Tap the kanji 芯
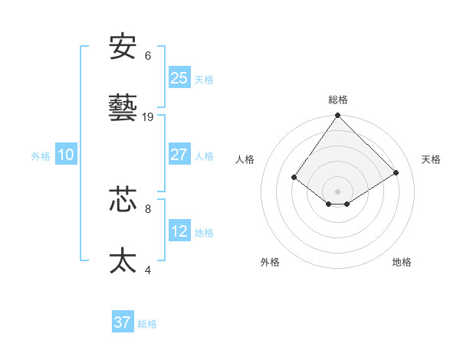(123, 198)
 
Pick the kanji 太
(123, 260)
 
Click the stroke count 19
(148, 117)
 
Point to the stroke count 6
(148, 56)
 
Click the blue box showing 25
(179, 77)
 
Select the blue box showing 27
(179, 154)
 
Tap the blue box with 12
(179, 231)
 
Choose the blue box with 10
(66, 155)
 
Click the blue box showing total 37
(123, 322)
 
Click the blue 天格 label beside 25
(203, 79)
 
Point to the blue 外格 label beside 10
(41, 155)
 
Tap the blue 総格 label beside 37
(147, 324)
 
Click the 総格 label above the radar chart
(338, 100)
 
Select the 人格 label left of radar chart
(245, 159)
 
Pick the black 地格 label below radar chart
(402, 262)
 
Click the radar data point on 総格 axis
(338, 116)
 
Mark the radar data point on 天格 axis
(396, 172)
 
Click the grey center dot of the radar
(338, 191)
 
